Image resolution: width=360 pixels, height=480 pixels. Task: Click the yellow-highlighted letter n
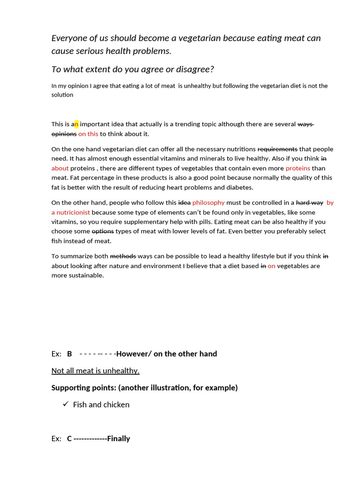pyautogui.click(x=76, y=124)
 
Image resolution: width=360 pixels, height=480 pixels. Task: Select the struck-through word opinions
pyautogui.click(x=64, y=134)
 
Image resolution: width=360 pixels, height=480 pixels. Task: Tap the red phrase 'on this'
pyautogui.click(x=88, y=134)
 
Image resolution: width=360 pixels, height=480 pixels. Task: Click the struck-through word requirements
pyautogui.click(x=277, y=149)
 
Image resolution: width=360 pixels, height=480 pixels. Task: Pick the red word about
pyautogui.click(x=60, y=168)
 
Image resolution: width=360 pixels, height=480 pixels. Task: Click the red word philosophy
pyautogui.click(x=209, y=202)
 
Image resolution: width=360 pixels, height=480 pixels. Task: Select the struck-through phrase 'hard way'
pyautogui.click(x=309, y=202)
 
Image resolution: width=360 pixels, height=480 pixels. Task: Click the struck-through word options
pyautogui.click(x=103, y=231)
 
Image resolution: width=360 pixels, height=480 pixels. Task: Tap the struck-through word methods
pyautogui.click(x=123, y=256)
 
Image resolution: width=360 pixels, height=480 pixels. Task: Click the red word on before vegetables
pyautogui.click(x=271, y=266)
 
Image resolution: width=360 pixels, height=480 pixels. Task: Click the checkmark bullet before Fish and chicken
pyautogui.click(x=66, y=404)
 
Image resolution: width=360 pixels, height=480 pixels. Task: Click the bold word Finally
pyautogui.click(x=119, y=439)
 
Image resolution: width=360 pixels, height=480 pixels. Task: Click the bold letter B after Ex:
pyautogui.click(x=69, y=354)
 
